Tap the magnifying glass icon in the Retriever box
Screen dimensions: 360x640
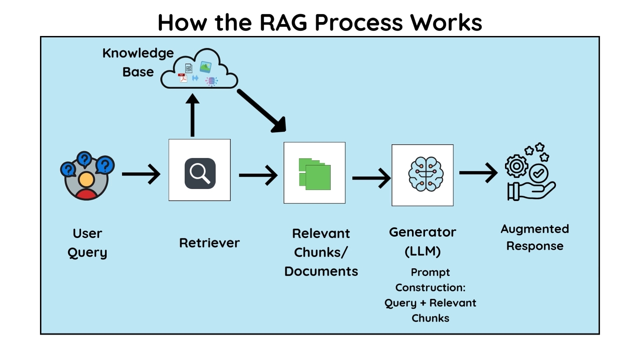200,173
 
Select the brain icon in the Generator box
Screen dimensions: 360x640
426,174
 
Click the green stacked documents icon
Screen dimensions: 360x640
315,174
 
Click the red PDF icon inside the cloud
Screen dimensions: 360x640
182,78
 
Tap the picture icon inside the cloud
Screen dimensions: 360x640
205,67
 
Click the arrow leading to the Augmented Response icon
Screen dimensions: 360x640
478,172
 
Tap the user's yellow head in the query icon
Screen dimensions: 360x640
87,180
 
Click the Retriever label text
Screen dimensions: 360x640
209,243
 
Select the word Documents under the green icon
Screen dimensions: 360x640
321,271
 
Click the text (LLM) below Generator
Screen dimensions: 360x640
422,251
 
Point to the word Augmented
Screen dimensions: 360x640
535,229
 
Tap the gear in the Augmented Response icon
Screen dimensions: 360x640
516,166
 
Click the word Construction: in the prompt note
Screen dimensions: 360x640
430,287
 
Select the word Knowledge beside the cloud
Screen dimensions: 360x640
138,53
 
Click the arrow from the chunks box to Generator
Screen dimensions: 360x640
371,178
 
